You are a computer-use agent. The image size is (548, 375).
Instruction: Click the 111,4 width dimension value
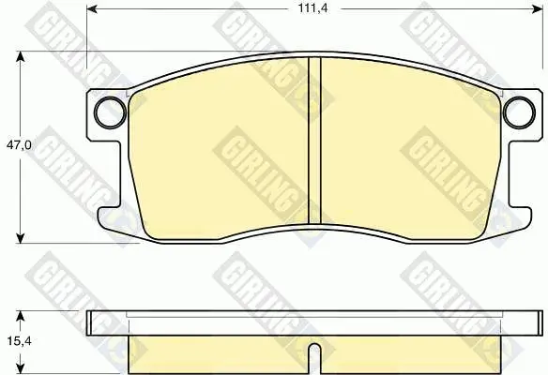tap(312, 8)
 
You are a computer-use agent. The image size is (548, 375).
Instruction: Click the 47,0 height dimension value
tap(19, 145)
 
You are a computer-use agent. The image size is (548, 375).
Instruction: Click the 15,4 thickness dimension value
tap(19, 341)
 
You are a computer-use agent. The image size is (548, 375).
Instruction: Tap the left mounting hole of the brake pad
tap(110, 112)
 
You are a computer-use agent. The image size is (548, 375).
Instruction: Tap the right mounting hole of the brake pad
tap(519, 112)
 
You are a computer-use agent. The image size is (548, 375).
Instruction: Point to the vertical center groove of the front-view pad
tap(314, 141)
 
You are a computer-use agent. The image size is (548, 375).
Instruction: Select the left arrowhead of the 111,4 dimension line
tap(92, 9)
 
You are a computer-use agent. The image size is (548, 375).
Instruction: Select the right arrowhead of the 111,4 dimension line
tap(538, 9)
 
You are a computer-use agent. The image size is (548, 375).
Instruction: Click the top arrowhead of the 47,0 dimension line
tap(21, 56)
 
